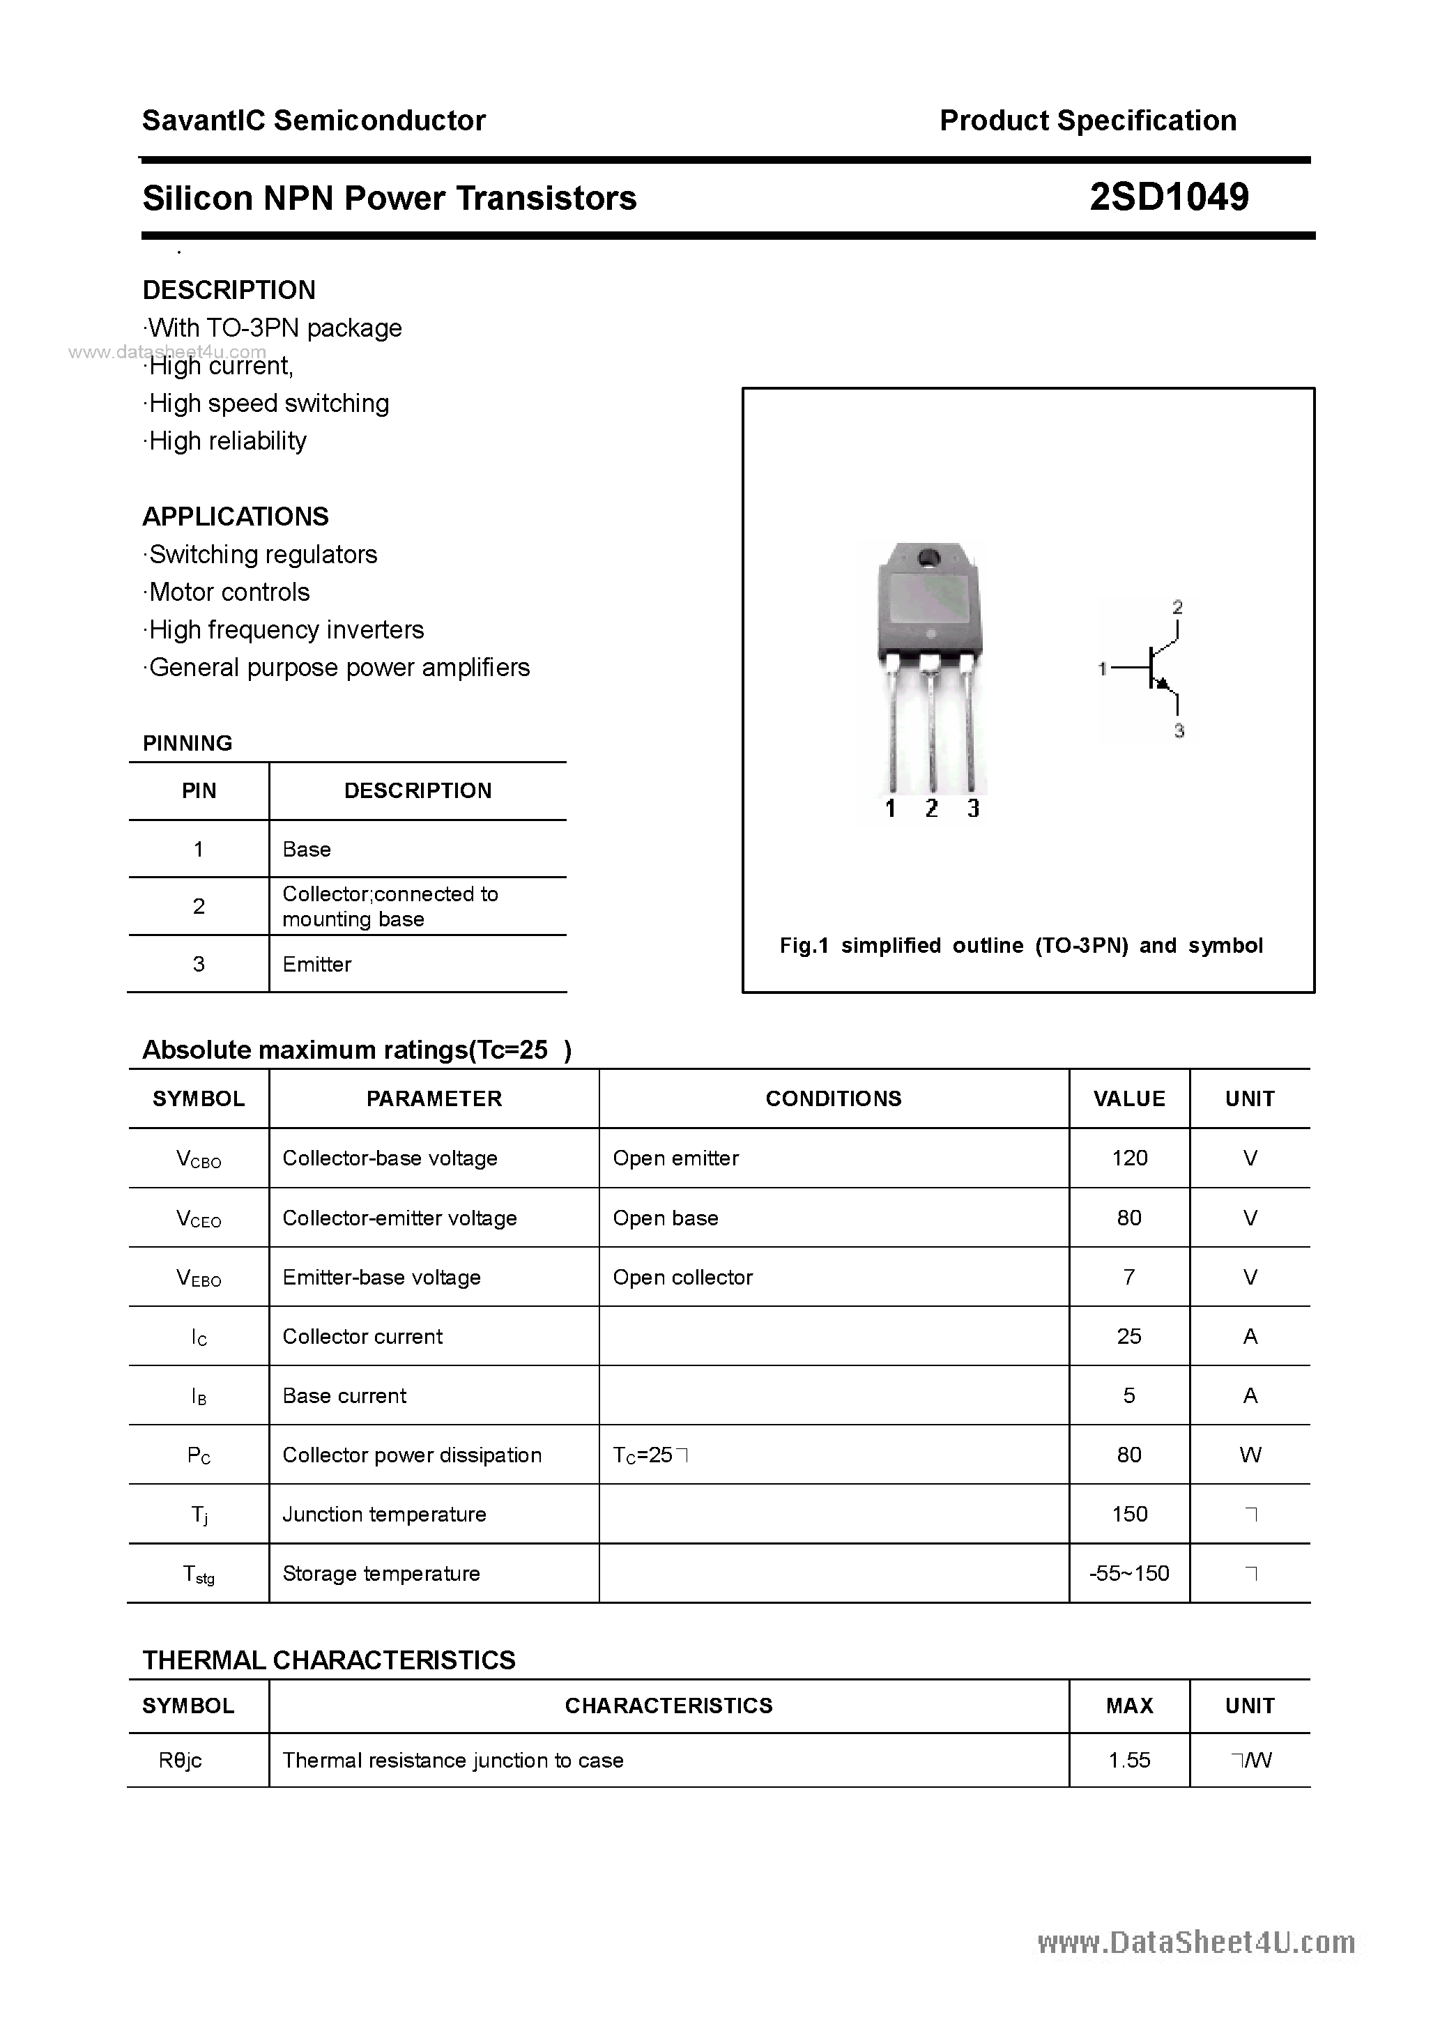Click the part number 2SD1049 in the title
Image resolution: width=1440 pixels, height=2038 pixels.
1168,197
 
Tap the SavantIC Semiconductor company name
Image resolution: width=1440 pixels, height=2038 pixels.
314,120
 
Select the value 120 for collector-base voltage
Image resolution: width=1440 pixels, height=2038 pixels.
1128,1158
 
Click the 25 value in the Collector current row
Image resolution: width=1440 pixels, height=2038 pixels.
1128,1336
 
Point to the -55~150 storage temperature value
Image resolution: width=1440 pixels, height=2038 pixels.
1128,1573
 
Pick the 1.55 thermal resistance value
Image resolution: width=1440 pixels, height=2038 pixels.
1128,1759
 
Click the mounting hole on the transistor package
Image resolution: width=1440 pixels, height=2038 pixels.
928,558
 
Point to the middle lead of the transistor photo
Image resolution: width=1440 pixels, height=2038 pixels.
930,728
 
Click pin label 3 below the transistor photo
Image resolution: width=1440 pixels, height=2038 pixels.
973,808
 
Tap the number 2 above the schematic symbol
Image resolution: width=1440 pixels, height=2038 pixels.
1177,607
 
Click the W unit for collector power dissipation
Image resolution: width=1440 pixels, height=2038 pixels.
1249,1454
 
